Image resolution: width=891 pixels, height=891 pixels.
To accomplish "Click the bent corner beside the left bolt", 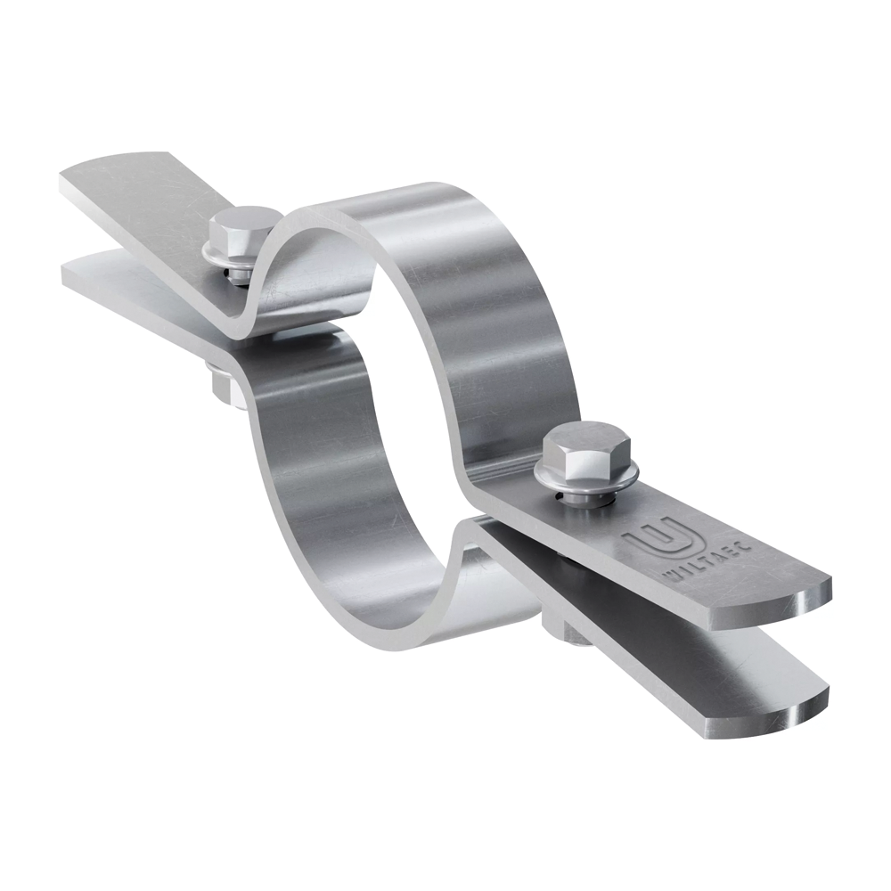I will [258, 321].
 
